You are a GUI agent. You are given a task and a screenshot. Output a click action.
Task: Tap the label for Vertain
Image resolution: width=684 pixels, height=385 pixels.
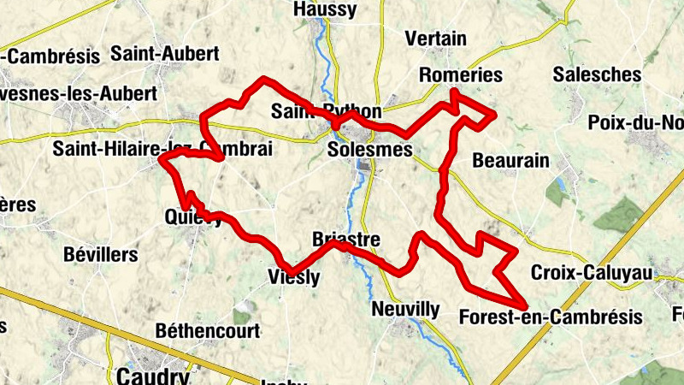pos(436,38)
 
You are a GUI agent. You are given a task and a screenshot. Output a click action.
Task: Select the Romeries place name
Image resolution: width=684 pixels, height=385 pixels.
pos(461,74)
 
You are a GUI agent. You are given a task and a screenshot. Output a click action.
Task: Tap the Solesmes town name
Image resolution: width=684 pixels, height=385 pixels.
pos(370,150)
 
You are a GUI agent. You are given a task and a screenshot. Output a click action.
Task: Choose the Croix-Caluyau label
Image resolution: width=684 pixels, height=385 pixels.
pos(592,273)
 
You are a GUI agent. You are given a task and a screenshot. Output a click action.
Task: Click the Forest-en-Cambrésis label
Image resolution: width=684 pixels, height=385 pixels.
pos(551,317)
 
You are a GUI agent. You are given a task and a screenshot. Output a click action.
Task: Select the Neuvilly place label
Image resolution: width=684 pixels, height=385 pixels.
pos(406,309)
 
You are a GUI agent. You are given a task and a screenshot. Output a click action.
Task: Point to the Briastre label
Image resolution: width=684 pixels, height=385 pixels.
pos(346,239)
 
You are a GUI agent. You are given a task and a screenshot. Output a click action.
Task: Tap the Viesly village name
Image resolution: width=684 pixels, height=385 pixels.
pos(293,277)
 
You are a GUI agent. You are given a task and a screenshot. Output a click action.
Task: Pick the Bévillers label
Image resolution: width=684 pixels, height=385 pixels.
pos(101,254)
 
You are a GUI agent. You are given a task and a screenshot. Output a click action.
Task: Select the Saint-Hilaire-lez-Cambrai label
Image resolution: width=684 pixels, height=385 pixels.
pos(162,149)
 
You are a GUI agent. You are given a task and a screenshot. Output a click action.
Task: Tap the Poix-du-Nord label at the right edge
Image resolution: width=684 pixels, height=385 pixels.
pos(636,122)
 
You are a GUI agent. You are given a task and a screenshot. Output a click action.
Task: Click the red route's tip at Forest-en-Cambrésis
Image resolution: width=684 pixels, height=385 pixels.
pos(524,305)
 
